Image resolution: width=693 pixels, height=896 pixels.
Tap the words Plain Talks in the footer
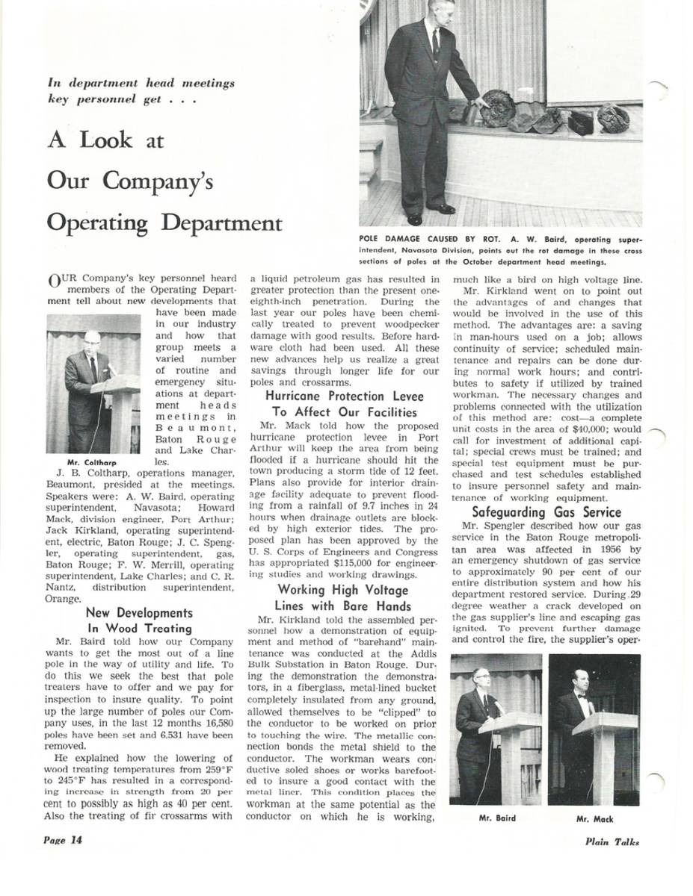coord(612,841)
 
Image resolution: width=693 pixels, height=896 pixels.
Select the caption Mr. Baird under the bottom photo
coord(496,818)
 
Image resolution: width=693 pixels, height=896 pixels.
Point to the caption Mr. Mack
coord(594,818)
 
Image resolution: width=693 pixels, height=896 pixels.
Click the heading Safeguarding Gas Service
coord(546,512)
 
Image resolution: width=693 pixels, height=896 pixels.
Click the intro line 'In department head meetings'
coord(141,84)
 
